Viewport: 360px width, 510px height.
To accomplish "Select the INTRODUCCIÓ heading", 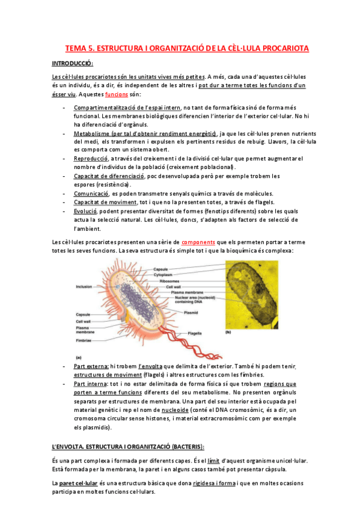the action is pos(73,64).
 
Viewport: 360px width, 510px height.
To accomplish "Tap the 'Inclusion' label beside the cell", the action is pos(84,287).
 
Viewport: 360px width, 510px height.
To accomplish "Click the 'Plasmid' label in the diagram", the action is pos(191,313).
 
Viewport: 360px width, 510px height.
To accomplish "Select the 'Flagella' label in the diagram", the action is pos(194,333).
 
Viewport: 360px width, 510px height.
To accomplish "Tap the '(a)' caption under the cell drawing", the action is pos(79,357).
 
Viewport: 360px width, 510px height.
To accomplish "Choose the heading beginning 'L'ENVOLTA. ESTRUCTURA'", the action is pos(128,446).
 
